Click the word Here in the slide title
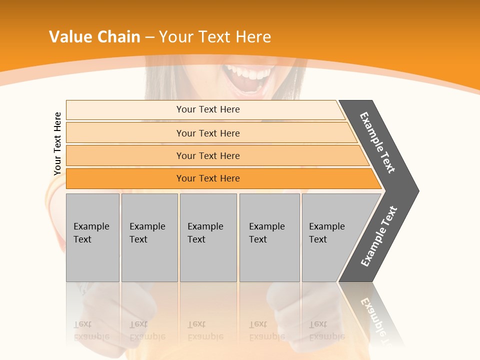click(253, 37)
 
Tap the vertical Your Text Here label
click(57, 144)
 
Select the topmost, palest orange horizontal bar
click(208, 109)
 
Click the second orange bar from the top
click(208, 133)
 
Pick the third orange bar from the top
click(208, 155)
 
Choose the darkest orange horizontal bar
click(208, 178)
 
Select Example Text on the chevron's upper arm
click(377, 142)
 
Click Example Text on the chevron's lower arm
click(378, 236)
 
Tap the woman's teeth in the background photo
click(248, 74)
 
